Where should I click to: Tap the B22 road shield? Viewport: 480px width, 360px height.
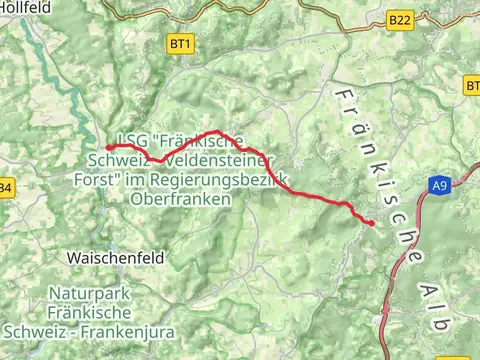tap(400, 19)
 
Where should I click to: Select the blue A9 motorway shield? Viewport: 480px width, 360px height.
tap(440, 185)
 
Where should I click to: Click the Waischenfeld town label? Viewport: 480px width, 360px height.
tap(115, 257)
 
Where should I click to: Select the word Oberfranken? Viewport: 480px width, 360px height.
tap(181, 200)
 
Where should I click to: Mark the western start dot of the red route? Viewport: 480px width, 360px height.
tap(108, 148)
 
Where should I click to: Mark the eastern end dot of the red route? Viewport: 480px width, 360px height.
tap(371, 223)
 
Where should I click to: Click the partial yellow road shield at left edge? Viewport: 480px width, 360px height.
tap(5, 187)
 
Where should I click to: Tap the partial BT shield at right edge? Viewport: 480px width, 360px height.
tap(472, 87)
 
